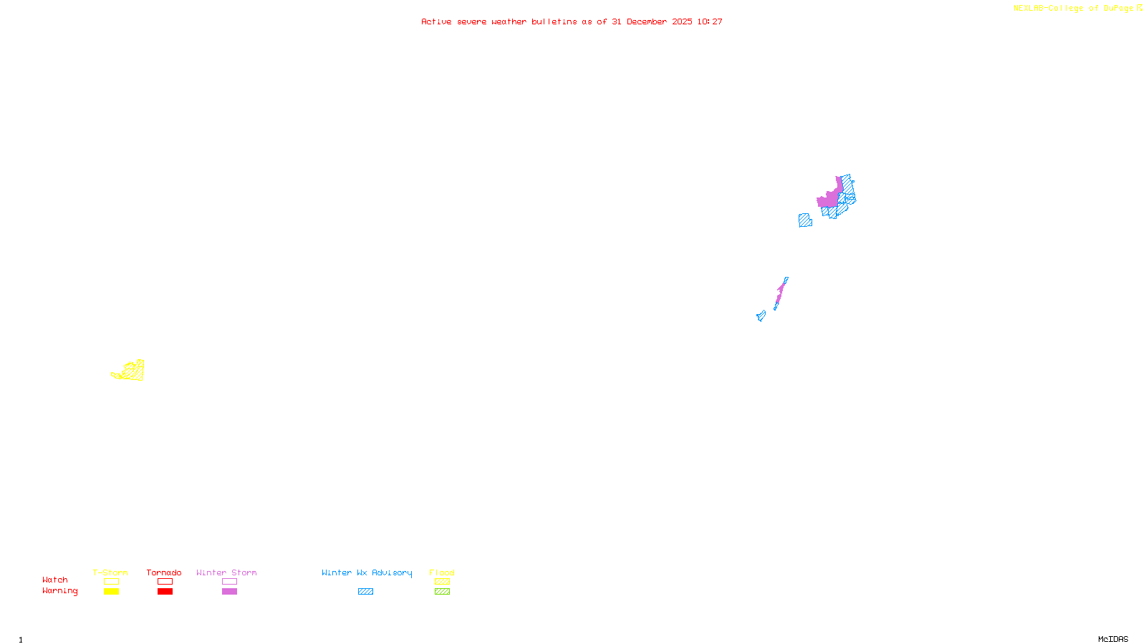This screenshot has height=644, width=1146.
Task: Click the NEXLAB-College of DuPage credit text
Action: (x=1074, y=9)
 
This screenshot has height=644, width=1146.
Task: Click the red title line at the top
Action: (x=572, y=22)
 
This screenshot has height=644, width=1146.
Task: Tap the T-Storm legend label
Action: (x=110, y=572)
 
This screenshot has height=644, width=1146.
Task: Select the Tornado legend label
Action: (x=164, y=572)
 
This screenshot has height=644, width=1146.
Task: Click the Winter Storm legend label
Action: (x=226, y=572)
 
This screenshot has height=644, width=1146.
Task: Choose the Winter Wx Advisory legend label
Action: (x=367, y=572)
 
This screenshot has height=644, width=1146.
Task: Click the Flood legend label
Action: (x=442, y=572)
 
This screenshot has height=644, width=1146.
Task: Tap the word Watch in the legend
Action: (x=55, y=580)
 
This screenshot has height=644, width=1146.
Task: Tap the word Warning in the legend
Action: (x=60, y=591)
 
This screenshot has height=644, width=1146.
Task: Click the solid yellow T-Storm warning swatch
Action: (x=111, y=592)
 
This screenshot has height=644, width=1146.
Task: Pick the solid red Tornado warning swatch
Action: (x=165, y=592)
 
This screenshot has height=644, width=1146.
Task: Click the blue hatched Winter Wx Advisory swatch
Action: (x=365, y=592)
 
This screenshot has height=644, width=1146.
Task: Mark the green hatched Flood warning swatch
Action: (x=442, y=592)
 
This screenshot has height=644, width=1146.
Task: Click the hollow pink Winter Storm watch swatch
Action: (x=229, y=582)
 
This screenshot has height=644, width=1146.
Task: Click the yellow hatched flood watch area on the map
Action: (x=133, y=371)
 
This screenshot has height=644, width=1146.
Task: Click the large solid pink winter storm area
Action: (x=829, y=198)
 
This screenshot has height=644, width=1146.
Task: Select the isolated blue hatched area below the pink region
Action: (x=805, y=220)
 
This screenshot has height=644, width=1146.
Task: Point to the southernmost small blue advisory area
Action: (x=761, y=316)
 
